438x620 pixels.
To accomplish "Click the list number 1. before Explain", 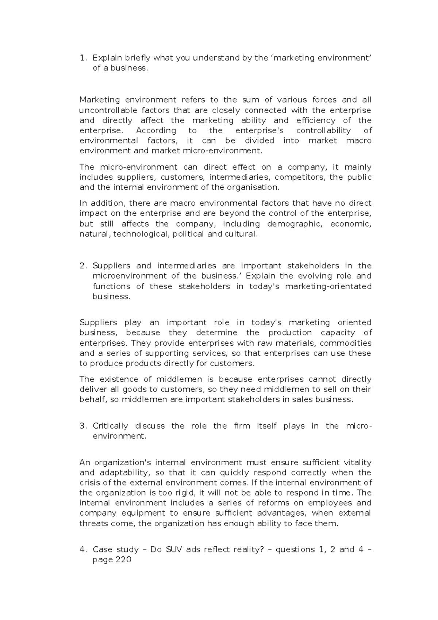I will click(x=84, y=58).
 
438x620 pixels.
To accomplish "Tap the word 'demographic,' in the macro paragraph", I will click(x=295, y=224).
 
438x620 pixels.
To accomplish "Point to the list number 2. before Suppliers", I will click(x=84, y=266).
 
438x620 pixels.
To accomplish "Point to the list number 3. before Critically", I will click(x=84, y=426).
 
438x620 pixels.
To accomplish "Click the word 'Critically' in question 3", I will click(x=110, y=426).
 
